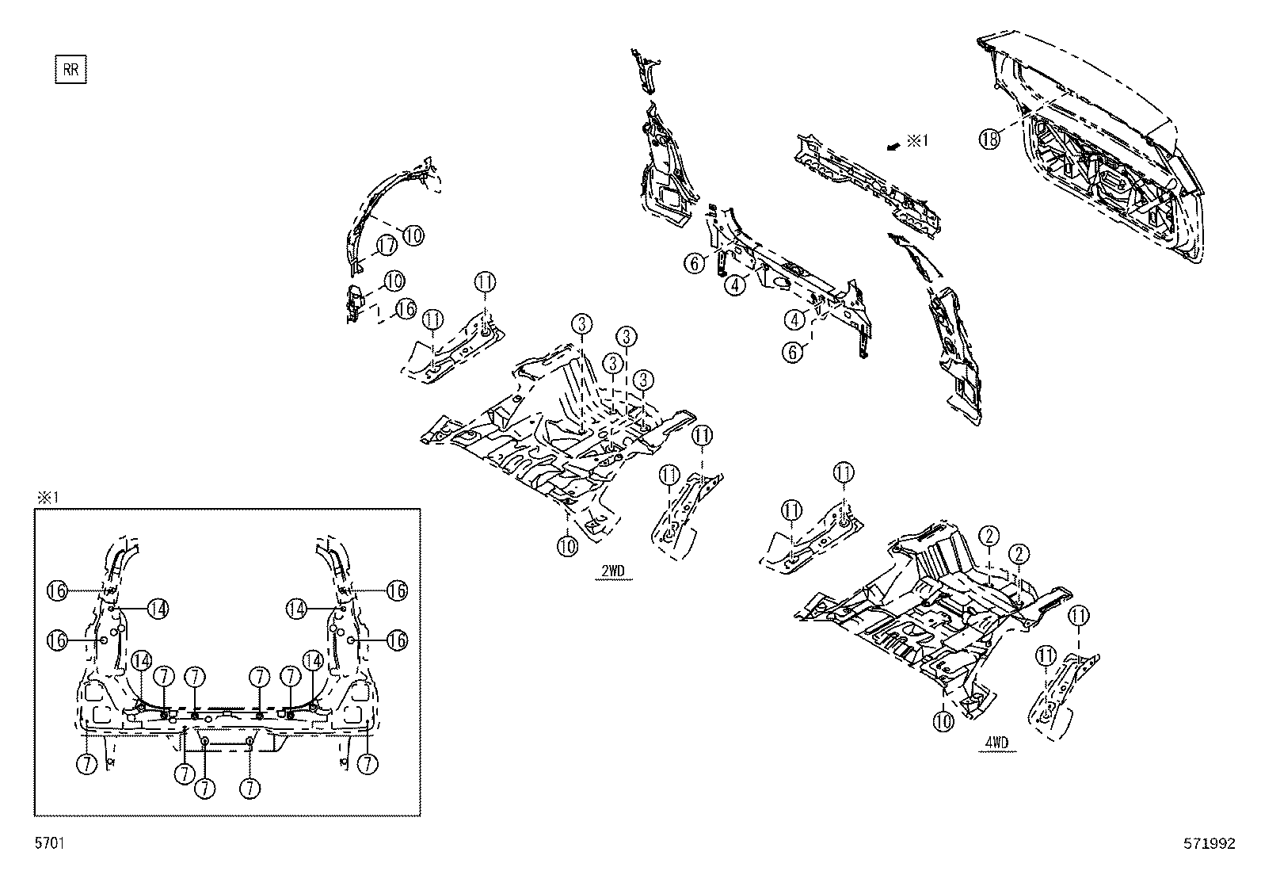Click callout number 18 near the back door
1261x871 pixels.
click(989, 139)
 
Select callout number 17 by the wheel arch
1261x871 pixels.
click(386, 246)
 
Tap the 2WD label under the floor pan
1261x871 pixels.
click(613, 571)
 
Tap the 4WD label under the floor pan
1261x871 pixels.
click(996, 743)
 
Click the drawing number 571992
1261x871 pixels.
click(1209, 844)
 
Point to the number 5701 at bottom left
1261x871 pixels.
click(49, 844)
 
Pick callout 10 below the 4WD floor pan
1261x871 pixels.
click(943, 720)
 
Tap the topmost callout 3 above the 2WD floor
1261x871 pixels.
click(581, 323)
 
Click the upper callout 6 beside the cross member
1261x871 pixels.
click(695, 263)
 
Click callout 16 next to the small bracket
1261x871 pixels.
click(406, 309)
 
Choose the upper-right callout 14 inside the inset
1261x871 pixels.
click(297, 608)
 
